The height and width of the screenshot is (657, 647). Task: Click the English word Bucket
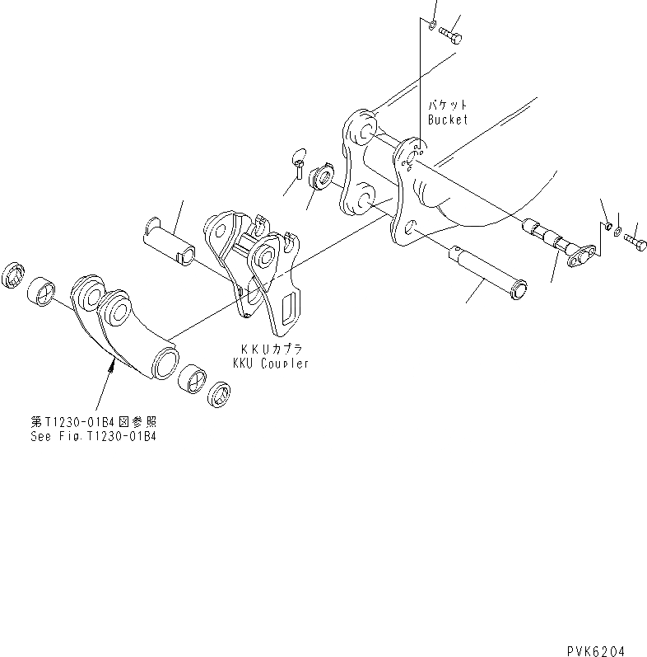447,120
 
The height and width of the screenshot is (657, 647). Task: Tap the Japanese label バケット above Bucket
447,106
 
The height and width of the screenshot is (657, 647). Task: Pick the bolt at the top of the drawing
451,35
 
